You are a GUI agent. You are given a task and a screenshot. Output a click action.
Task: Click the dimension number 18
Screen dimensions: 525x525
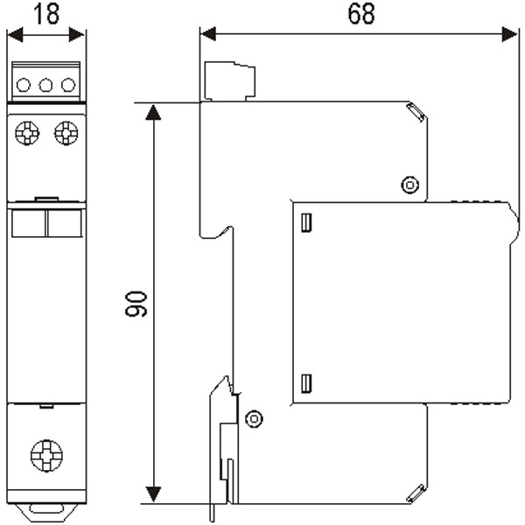(x=46, y=14)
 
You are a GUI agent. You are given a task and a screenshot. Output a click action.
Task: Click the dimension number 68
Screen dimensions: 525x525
(x=361, y=14)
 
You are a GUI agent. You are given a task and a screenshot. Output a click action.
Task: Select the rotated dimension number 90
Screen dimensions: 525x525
(x=136, y=304)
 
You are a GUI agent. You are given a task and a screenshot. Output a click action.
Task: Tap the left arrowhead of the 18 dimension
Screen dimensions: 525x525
(x=15, y=35)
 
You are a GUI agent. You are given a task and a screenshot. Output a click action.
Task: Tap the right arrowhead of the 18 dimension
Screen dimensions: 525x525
(x=77, y=35)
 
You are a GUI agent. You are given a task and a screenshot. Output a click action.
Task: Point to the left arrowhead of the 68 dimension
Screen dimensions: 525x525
(x=208, y=34)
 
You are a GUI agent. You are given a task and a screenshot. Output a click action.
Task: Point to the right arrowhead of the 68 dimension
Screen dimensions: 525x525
(x=509, y=34)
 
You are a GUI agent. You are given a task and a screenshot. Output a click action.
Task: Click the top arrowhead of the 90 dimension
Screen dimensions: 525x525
(x=153, y=112)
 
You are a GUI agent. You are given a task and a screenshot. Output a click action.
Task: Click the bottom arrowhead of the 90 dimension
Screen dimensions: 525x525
(x=153, y=494)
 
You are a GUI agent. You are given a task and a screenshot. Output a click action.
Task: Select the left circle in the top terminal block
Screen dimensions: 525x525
(x=24, y=85)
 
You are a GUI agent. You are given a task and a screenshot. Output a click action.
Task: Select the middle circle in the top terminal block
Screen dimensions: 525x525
(x=45, y=85)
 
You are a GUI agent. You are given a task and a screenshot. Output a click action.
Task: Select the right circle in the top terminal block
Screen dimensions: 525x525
(x=68, y=85)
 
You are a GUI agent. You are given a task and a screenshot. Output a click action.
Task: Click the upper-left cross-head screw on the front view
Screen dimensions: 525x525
(x=27, y=133)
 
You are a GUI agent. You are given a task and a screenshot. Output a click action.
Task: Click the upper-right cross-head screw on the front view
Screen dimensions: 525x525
(x=66, y=133)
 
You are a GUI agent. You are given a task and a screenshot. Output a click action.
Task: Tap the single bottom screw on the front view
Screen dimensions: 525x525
(x=46, y=456)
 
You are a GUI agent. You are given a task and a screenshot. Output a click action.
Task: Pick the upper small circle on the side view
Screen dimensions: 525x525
(x=410, y=185)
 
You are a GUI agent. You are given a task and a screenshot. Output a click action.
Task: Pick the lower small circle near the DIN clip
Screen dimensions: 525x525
(x=254, y=418)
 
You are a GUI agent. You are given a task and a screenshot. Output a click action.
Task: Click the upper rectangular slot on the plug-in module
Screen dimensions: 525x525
(x=307, y=222)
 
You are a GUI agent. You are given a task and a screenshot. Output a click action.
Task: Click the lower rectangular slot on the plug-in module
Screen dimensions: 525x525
(x=307, y=383)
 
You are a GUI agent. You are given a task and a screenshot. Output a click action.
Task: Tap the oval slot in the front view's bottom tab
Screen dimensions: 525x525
(x=46, y=509)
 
